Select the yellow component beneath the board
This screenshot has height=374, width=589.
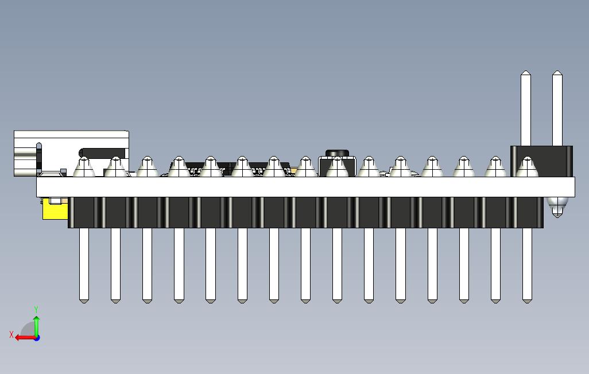pos(55,209)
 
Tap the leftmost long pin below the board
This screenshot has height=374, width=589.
pos(84,264)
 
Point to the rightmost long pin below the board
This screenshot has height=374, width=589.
pos(527,264)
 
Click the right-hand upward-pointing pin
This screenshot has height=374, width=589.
pos(557,109)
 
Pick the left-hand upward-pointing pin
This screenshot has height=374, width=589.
pos(526,109)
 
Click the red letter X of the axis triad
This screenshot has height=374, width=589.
pos(11,334)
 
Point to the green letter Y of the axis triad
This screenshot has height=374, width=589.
pos(36,310)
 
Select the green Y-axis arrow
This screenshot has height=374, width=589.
pos(36,325)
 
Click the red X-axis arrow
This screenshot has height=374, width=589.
pos(24,337)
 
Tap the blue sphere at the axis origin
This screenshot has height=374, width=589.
pos(36,337)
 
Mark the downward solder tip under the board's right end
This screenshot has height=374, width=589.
pos(557,207)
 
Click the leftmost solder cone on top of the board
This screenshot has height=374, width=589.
pos(84,167)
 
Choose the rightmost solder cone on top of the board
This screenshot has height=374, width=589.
pos(526,167)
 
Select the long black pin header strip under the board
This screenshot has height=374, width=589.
pos(304,212)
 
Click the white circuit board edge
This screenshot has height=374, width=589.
pos(304,187)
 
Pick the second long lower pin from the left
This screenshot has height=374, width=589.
pos(115,264)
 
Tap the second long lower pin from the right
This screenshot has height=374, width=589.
pos(495,264)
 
